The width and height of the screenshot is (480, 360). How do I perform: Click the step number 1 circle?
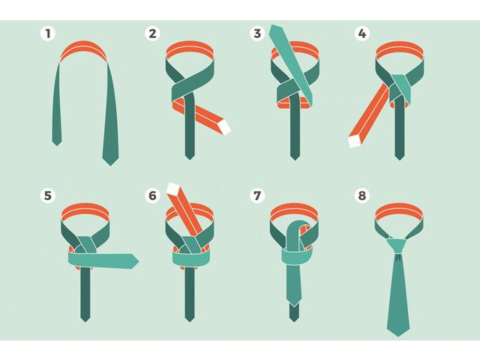[48, 33]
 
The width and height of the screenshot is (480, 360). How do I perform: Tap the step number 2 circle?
[152, 33]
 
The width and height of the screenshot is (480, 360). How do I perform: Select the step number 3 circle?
[257, 33]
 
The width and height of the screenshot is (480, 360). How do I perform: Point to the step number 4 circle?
[362, 33]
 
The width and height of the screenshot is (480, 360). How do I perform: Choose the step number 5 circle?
[48, 195]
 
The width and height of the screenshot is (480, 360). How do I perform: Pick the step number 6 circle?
[152, 195]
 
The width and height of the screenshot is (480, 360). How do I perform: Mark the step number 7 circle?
[257, 195]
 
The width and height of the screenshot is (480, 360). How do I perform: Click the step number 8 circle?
[362, 195]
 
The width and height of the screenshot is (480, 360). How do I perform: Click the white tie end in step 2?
[224, 127]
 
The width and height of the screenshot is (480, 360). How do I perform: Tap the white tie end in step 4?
[355, 142]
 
